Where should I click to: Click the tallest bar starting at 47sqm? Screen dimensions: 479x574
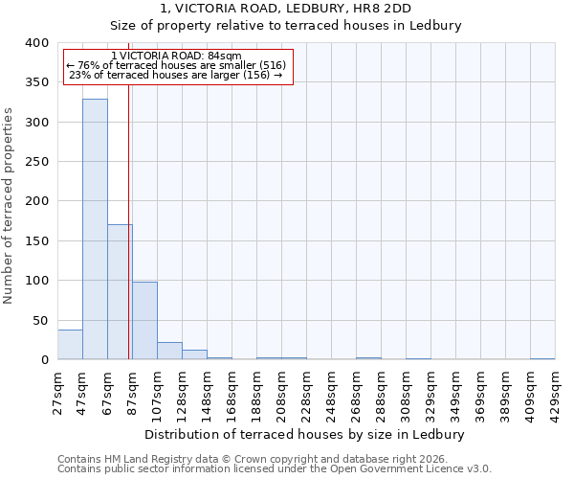(95, 230)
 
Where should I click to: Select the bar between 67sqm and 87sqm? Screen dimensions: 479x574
(120, 292)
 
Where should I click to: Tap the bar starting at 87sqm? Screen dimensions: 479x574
(144, 321)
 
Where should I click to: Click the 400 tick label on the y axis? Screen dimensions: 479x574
(36, 43)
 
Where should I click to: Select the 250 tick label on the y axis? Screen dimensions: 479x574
(36, 162)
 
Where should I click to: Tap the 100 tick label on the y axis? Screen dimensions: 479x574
(36, 281)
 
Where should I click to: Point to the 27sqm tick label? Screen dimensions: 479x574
(57, 390)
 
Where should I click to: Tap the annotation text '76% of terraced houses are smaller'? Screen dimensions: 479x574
(177, 65)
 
